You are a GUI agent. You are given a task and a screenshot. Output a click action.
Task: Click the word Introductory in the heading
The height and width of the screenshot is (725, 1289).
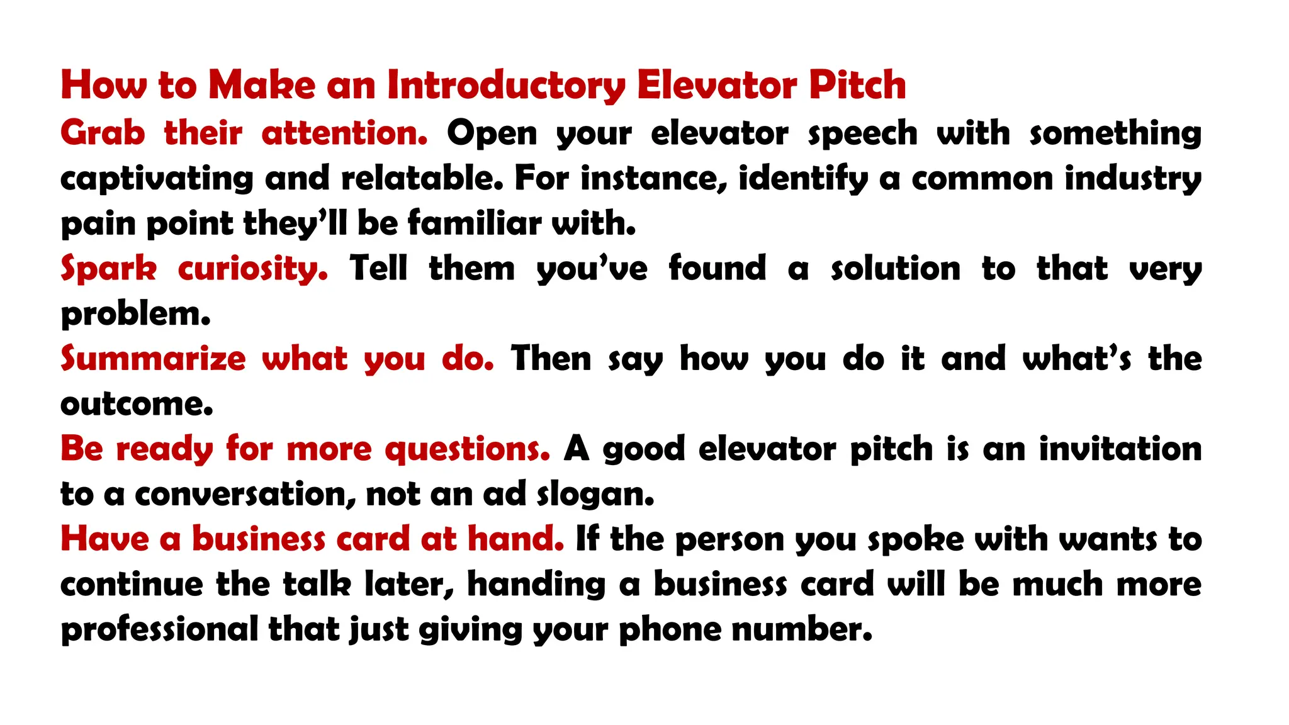[506, 86]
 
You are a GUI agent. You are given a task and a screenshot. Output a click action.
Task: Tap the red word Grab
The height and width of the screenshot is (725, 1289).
[103, 133]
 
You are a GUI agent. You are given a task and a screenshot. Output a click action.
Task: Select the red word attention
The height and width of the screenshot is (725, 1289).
[344, 133]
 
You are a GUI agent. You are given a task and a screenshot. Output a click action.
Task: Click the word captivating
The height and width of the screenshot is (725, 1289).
[157, 179]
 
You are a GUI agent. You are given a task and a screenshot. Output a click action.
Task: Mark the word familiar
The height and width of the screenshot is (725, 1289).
[474, 223]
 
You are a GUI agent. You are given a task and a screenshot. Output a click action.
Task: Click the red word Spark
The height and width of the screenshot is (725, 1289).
[108, 269]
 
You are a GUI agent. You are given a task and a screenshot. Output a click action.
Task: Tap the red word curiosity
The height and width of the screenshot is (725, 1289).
[252, 269]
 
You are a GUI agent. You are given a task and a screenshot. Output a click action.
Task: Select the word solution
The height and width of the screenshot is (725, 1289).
[896, 269]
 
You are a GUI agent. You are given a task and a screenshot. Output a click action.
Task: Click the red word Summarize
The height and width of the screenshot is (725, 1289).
[153, 359]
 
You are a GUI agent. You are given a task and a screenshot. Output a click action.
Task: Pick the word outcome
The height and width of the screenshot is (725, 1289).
[137, 404]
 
